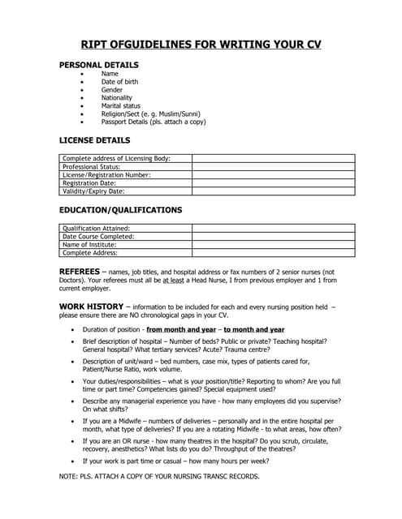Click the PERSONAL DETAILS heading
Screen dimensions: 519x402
pos(99,65)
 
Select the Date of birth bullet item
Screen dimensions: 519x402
pos(119,82)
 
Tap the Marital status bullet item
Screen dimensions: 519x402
pos(120,105)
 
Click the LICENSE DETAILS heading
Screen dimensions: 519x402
pos(95,140)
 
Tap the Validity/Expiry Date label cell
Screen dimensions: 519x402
pos(93,191)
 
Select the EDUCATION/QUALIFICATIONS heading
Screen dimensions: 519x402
pos(120,210)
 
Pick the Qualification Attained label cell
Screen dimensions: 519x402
pos(96,229)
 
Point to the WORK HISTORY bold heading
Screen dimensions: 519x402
pos(90,306)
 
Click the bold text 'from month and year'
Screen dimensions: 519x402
pos(181,330)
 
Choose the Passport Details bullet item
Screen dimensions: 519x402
pos(153,122)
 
